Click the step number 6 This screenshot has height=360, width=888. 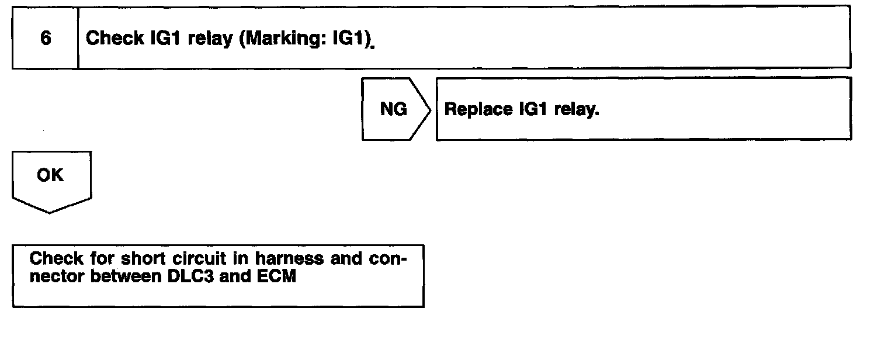[x=46, y=39]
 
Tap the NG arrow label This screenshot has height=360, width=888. [x=393, y=109]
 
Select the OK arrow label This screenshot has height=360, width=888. [x=50, y=175]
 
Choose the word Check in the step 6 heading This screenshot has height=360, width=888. [x=115, y=39]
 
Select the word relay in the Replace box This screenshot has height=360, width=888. [x=577, y=110]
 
